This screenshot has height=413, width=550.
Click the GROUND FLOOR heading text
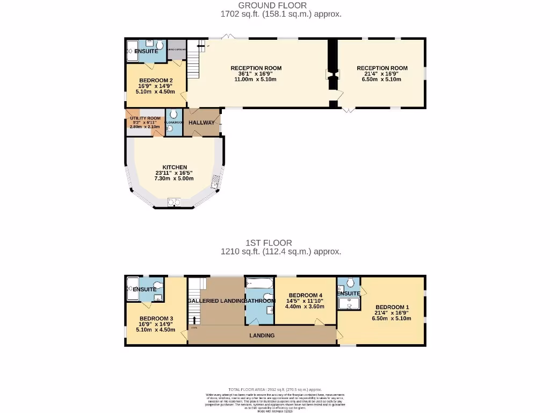point(280,5)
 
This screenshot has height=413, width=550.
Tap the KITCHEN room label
point(175,167)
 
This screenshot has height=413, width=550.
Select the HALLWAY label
point(201,123)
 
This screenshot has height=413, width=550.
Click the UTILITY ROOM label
point(145,118)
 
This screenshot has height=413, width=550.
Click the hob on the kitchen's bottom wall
point(174,202)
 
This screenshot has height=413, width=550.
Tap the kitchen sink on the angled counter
point(216,184)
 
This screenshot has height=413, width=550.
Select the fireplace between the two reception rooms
point(332,74)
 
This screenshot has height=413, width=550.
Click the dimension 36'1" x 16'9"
point(256,74)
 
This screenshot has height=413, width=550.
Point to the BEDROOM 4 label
point(305,295)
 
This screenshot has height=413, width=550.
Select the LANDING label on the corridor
point(262,336)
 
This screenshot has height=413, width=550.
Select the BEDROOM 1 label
point(392,307)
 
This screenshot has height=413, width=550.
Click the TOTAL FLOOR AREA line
point(275,389)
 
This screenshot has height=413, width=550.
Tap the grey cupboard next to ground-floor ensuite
point(176,49)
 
